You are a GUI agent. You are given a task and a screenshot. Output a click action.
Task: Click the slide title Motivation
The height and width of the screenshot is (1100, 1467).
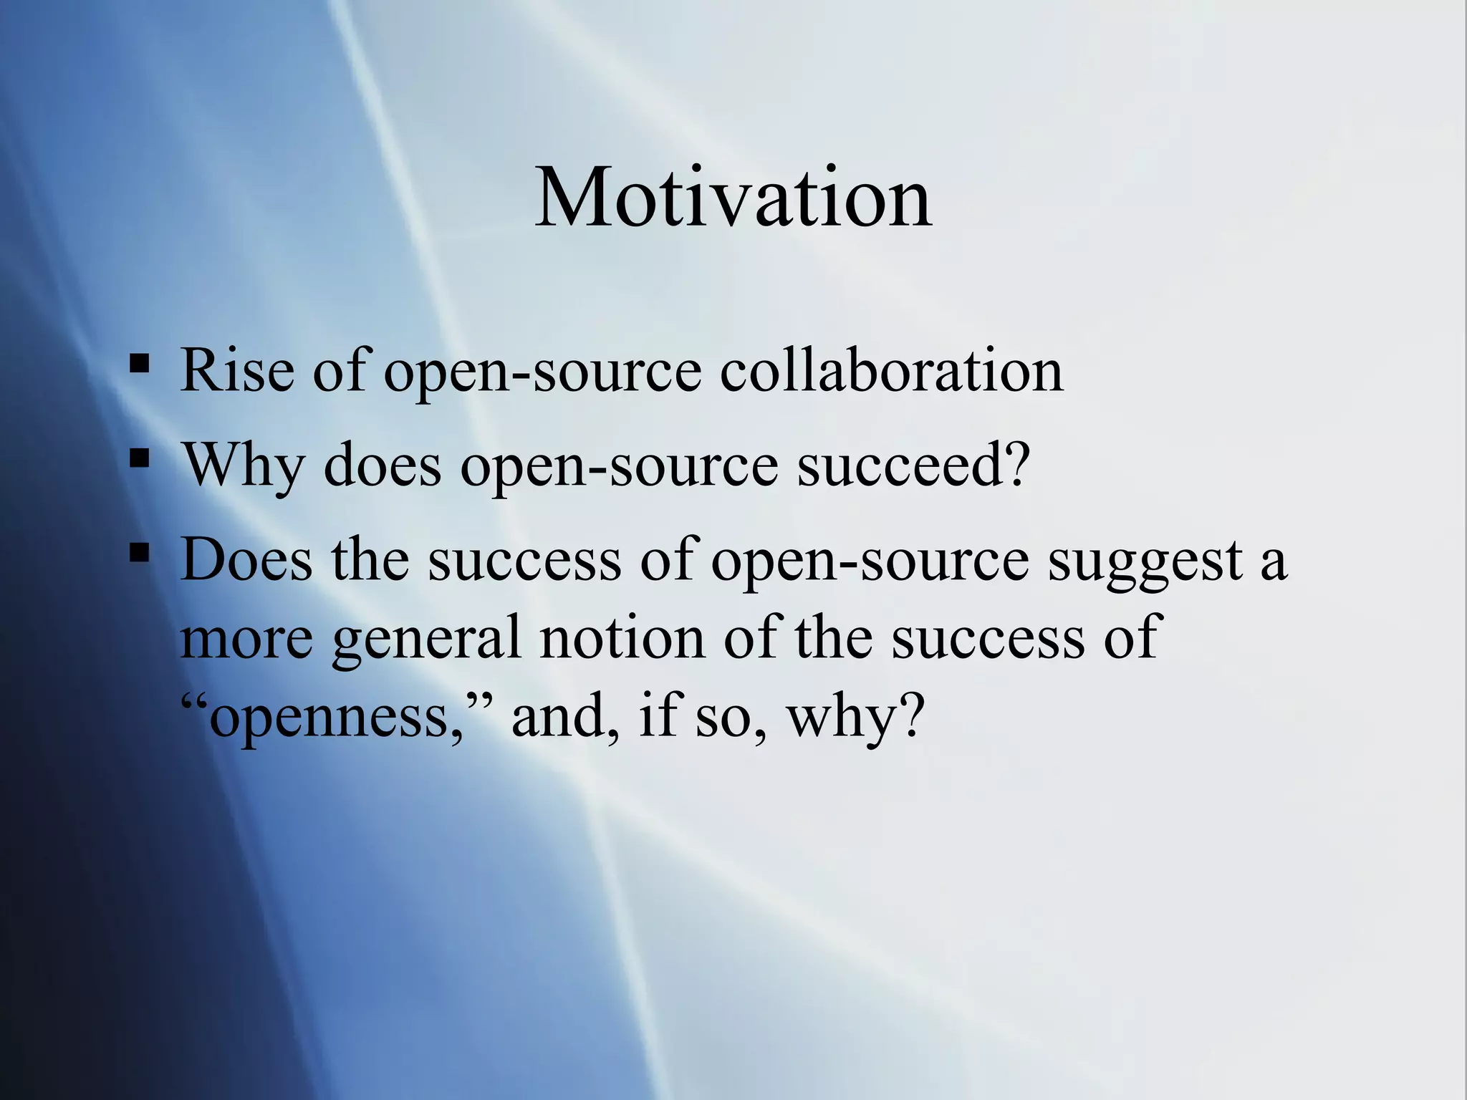click(x=733, y=198)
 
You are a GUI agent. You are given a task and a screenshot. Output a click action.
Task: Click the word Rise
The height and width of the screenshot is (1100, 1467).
click(x=237, y=370)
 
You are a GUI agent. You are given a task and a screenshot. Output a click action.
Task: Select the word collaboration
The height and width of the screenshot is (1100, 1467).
click(x=891, y=370)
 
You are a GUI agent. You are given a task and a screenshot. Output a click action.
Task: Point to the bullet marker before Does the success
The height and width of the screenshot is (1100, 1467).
click(x=140, y=552)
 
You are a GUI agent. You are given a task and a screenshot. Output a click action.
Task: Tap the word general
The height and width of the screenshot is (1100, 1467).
click(x=426, y=639)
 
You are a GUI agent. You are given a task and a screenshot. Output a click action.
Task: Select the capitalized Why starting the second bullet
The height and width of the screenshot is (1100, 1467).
click(x=244, y=465)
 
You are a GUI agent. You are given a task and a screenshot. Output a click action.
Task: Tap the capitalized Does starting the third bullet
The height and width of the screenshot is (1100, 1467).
click(x=246, y=560)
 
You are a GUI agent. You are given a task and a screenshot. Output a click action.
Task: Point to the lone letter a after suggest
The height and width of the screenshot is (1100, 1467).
click(x=1272, y=563)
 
